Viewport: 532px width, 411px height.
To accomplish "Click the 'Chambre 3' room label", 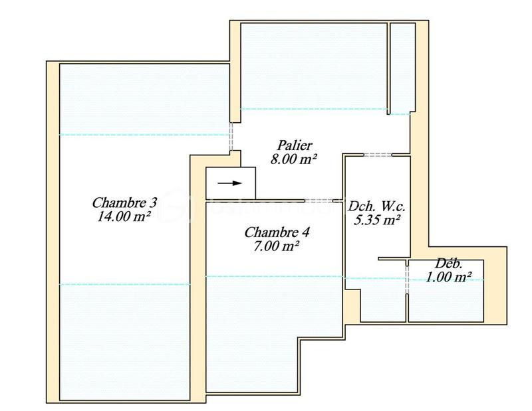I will [x=124, y=202].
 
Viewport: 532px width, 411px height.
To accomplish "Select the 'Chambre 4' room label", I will [x=277, y=232].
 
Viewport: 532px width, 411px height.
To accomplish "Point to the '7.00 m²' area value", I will [x=277, y=246].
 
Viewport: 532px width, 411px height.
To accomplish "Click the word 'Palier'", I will [x=294, y=145].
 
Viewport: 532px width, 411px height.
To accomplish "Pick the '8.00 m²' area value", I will [x=294, y=159].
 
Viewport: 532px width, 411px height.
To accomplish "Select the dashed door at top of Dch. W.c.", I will [x=378, y=155].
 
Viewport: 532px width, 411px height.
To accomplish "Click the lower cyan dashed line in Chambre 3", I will [x=124, y=284].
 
